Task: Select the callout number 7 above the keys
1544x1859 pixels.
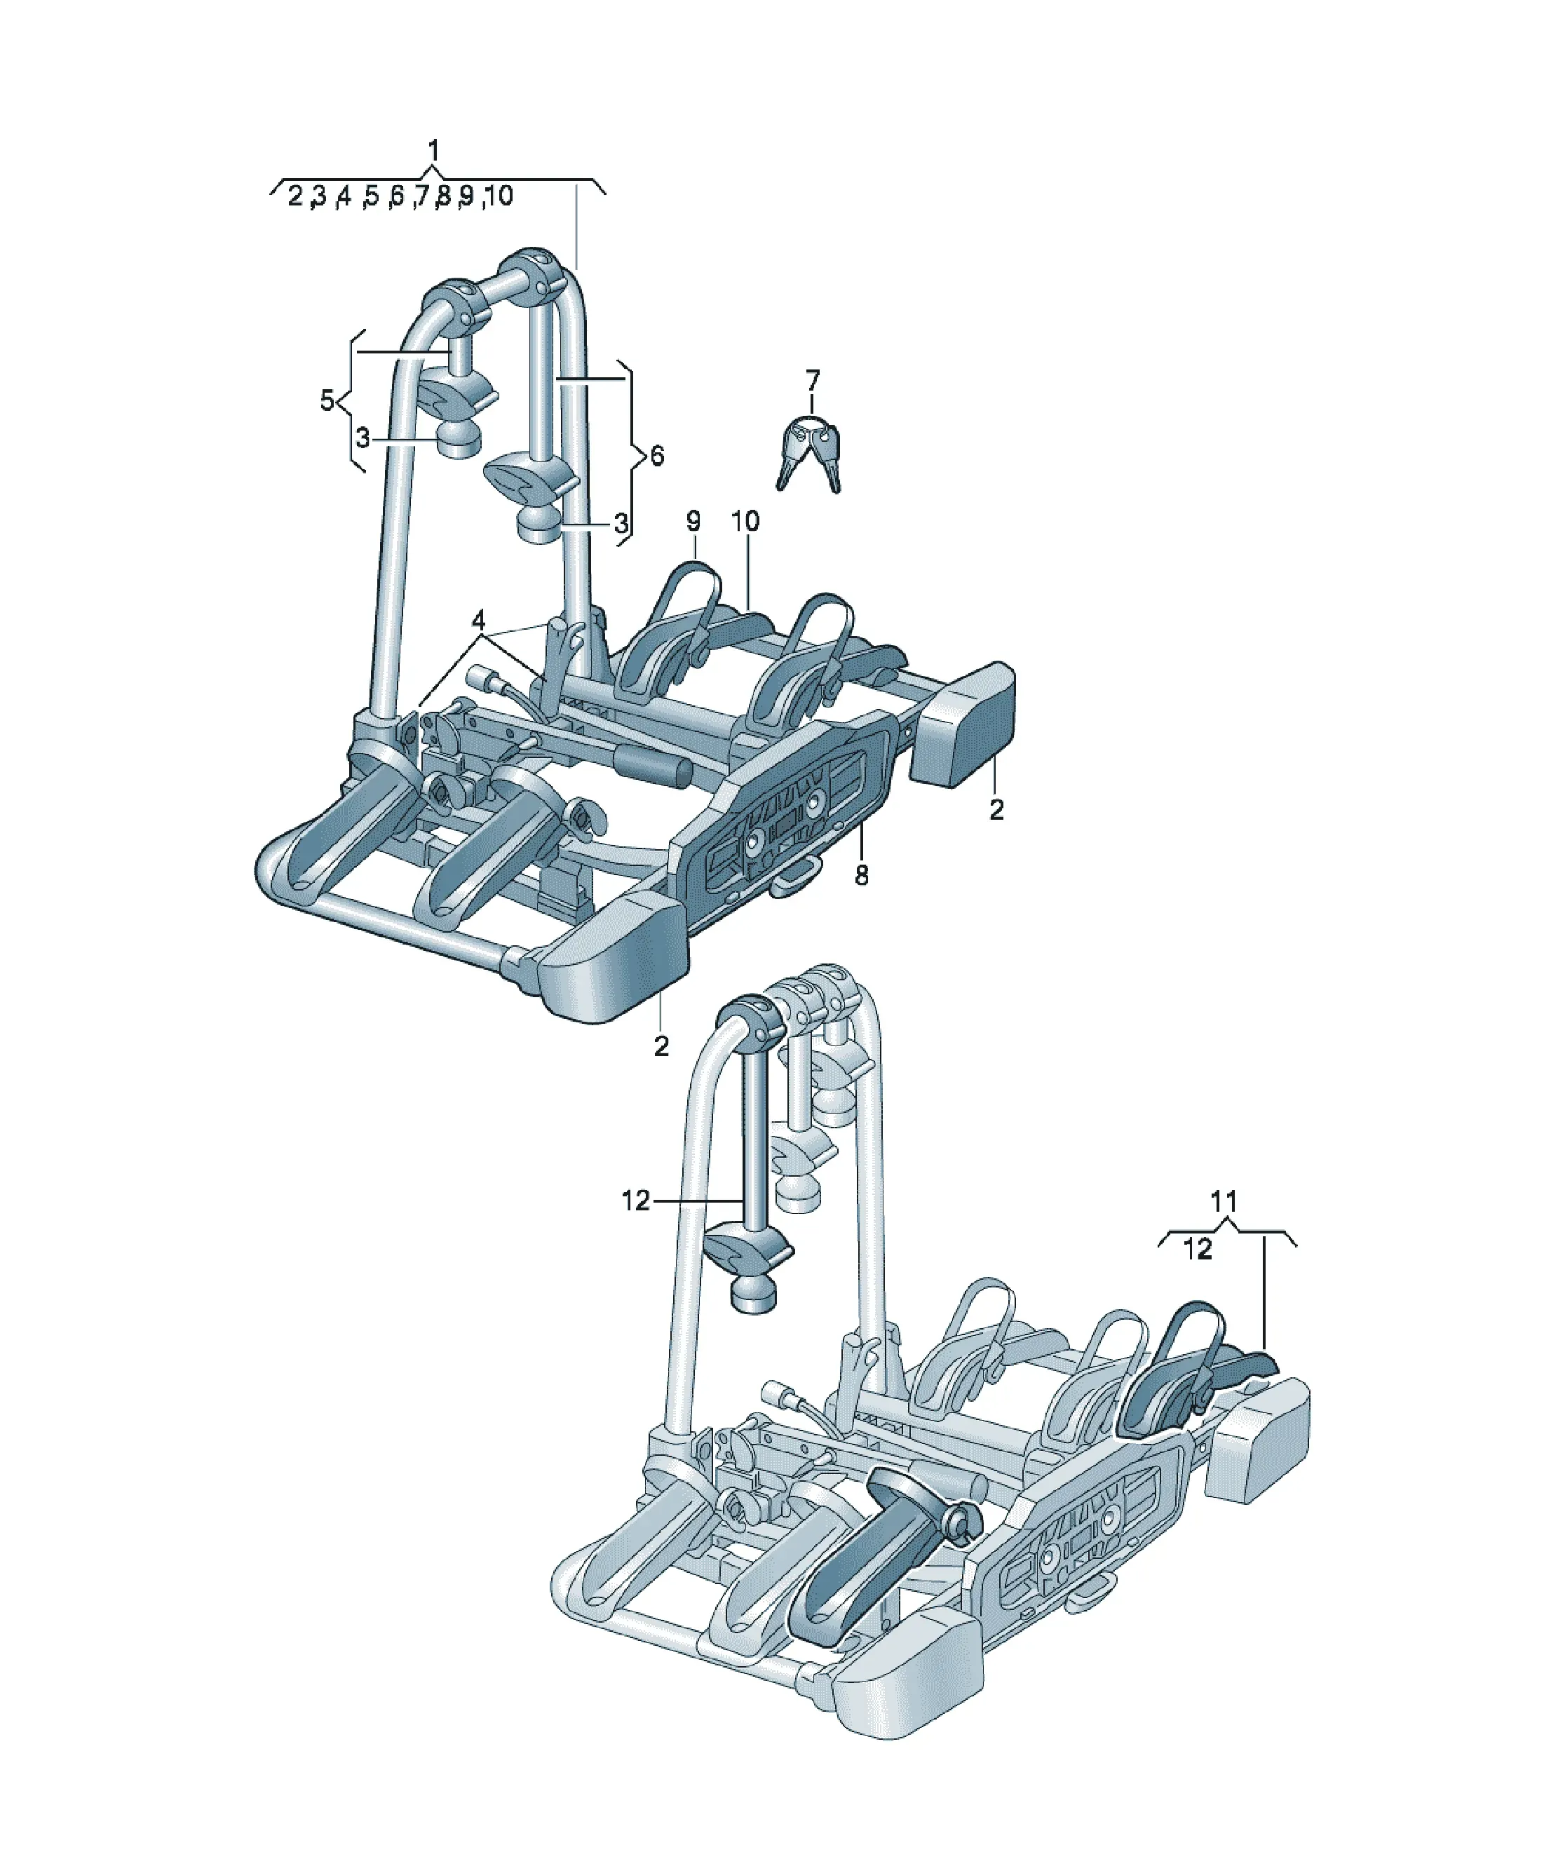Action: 812,381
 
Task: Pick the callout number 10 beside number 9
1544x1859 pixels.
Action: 745,522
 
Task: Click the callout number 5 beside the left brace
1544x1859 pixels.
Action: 327,401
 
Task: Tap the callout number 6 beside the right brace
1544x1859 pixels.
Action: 656,456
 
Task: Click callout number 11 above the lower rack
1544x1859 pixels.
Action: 1224,1201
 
